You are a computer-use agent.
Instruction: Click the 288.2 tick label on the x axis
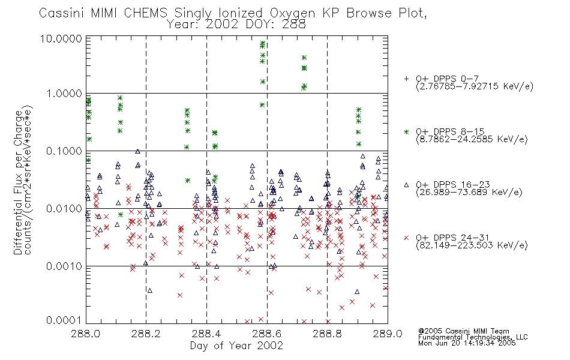[x=146, y=334]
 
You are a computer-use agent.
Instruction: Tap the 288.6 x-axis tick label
[x=267, y=334]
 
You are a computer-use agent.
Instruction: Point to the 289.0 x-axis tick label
[x=388, y=334]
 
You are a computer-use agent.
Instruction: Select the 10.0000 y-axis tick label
[x=61, y=38]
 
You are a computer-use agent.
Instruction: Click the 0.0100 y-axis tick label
[x=64, y=209]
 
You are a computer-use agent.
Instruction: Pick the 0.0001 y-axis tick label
[x=64, y=320]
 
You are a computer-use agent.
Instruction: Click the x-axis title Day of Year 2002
[x=236, y=346]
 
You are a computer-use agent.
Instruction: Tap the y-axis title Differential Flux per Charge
[x=18, y=182]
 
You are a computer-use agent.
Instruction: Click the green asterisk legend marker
[x=406, y=131]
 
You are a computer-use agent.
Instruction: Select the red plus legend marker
[x=406, y=79]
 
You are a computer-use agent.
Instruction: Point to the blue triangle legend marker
[x=406, y=185]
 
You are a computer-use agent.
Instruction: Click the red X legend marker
[x=406, y=238]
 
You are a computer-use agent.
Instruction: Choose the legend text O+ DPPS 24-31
[x=453, y=238]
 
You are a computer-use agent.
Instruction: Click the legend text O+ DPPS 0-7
[x=447, y=79]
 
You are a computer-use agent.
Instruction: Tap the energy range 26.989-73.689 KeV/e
[x=469, y=192]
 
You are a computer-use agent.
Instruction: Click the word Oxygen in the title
[x=292, y=13]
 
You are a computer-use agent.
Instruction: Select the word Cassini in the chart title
[x=61, y=13]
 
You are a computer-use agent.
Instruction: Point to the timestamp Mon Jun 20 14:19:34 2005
[x=467, y=343]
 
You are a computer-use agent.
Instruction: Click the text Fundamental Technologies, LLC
[x=473, y=337]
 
